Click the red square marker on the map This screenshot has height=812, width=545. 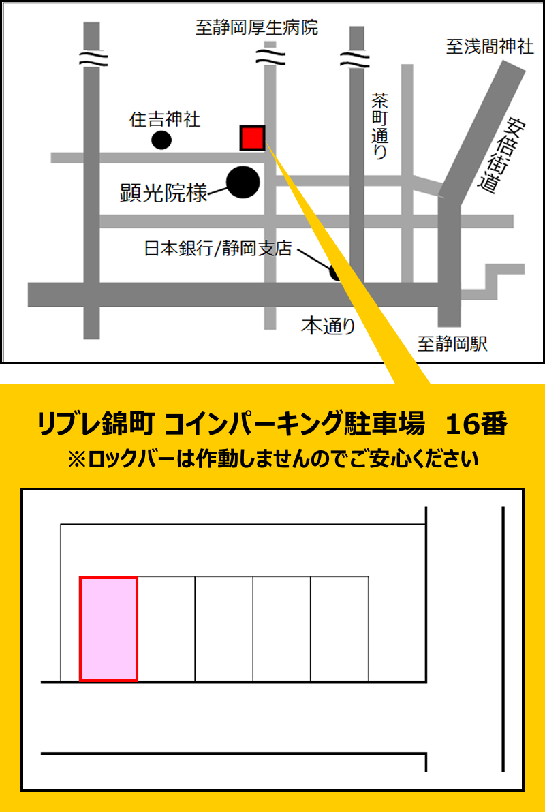[x=252, y=138]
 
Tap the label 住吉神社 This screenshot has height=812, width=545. [x=165, y=120]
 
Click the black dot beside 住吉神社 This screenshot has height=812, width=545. [x=161, y=140]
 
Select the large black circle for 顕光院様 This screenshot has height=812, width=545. [x=243, y=182]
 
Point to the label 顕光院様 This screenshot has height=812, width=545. [x=163, y=193]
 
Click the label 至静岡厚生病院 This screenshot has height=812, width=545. [x=257, y=28]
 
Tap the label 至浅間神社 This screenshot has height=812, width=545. [x=490, y=47]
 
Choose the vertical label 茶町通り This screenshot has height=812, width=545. [x=379, y=126]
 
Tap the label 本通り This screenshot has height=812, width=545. [x=329, y=327]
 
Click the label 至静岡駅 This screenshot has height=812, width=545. [x=453, y=344]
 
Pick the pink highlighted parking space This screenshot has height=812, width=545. [x=109, y=629]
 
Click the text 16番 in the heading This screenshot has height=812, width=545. [x=476, y=425]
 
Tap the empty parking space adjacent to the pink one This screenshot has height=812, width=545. [x=166, y=629]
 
